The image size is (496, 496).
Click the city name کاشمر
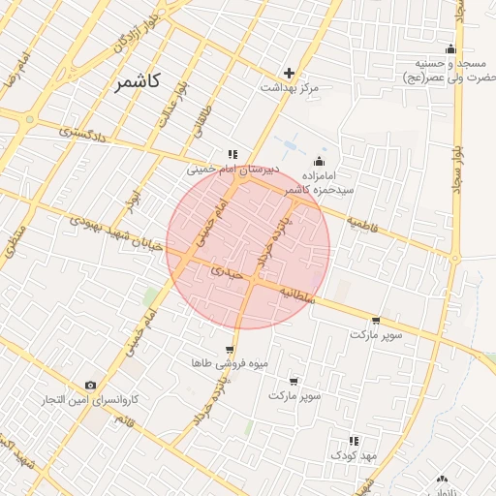coord(138,81)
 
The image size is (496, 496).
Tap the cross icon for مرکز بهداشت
coord(289,73)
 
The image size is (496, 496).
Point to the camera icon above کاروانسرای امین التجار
coord(91,386)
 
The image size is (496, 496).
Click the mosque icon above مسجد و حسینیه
coord(449,49)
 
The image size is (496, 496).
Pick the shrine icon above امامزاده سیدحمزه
coord(320,162)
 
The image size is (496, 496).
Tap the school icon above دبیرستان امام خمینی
coord(232,154)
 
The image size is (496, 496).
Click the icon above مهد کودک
coord(354,441)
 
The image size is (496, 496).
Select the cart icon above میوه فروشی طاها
coord(229,350)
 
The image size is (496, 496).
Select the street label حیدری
coord(223,274)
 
